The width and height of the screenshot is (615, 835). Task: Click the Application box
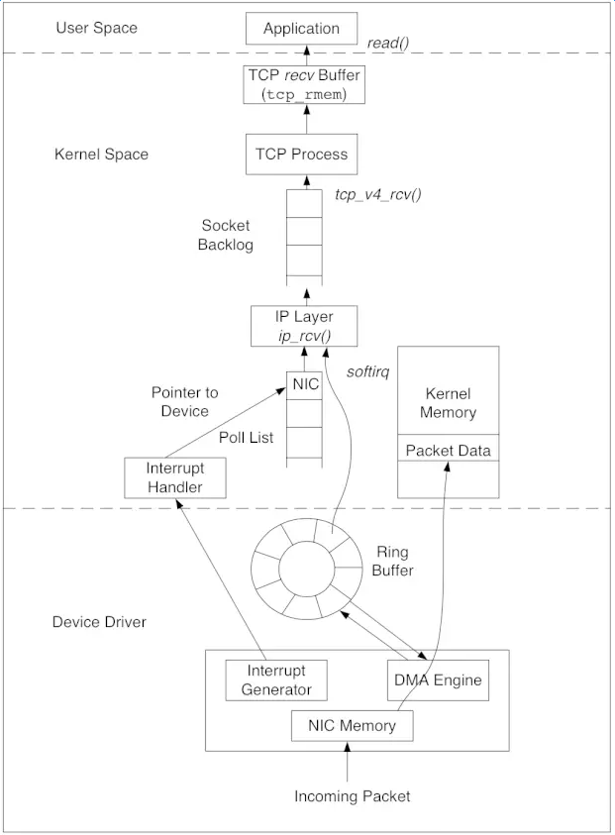pyautogui.click(x=301, y=29)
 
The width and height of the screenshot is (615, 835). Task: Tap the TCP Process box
pyautogui.click(x=301, y=155)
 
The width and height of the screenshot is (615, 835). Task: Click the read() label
pyautogui.click(x=389, y=44)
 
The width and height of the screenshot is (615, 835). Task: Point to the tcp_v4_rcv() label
pyautogui.click(x=378, y=194)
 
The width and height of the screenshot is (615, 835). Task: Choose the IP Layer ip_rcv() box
pyautogui.click(x=303, y=325)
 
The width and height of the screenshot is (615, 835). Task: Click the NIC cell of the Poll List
pyautogui.click(x=305, y=383)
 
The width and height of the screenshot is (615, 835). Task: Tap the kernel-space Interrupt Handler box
pyautogui.click(x=175, y=476)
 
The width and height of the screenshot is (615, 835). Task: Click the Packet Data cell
pyautogui.click(x=448, y=451)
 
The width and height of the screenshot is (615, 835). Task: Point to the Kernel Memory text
pyautogui.click(x=448, y=402)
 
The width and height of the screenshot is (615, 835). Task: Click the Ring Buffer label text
pyautogui.click(x=393, y=562)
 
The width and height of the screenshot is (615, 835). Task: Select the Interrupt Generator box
pyautogui.click(x=276, y=680)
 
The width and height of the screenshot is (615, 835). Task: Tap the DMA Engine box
pyautogui.click(x=437, y=680)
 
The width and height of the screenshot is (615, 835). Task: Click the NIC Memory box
pyautogui.click(x=352, y=726)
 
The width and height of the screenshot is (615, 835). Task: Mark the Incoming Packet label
pyautogui.click(x=352, y=796)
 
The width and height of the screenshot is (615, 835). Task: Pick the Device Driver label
pyautogui.click(x=99, y=622)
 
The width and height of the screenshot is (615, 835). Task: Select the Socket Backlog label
pyautogui.click(x=226, y=235)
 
